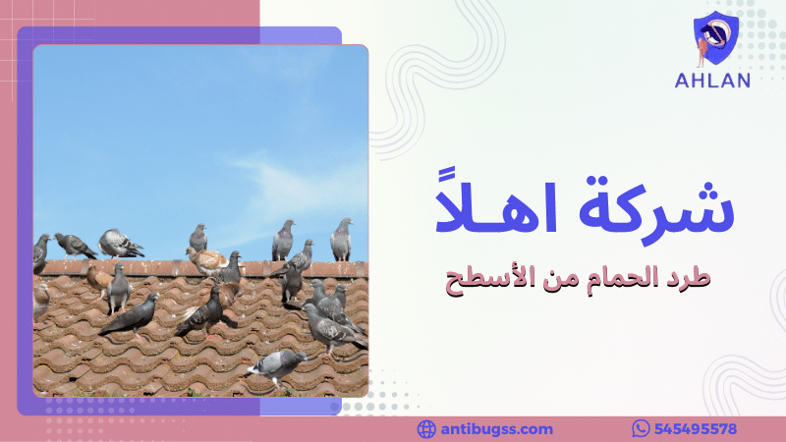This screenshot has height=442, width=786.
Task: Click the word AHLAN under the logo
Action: pos(712,81)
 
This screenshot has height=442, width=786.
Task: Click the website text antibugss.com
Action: pos(497,429)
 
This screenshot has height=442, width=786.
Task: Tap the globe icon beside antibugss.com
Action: pos(426,429)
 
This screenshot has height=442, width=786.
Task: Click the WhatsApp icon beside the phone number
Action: pos(642,429)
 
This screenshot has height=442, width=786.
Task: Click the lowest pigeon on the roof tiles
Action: pos(277,364)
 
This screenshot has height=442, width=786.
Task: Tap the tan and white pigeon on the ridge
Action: pos(208,259)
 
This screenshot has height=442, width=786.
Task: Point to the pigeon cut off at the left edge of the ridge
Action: pos(41,252)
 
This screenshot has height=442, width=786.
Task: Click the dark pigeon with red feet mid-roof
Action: pos(203,312)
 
